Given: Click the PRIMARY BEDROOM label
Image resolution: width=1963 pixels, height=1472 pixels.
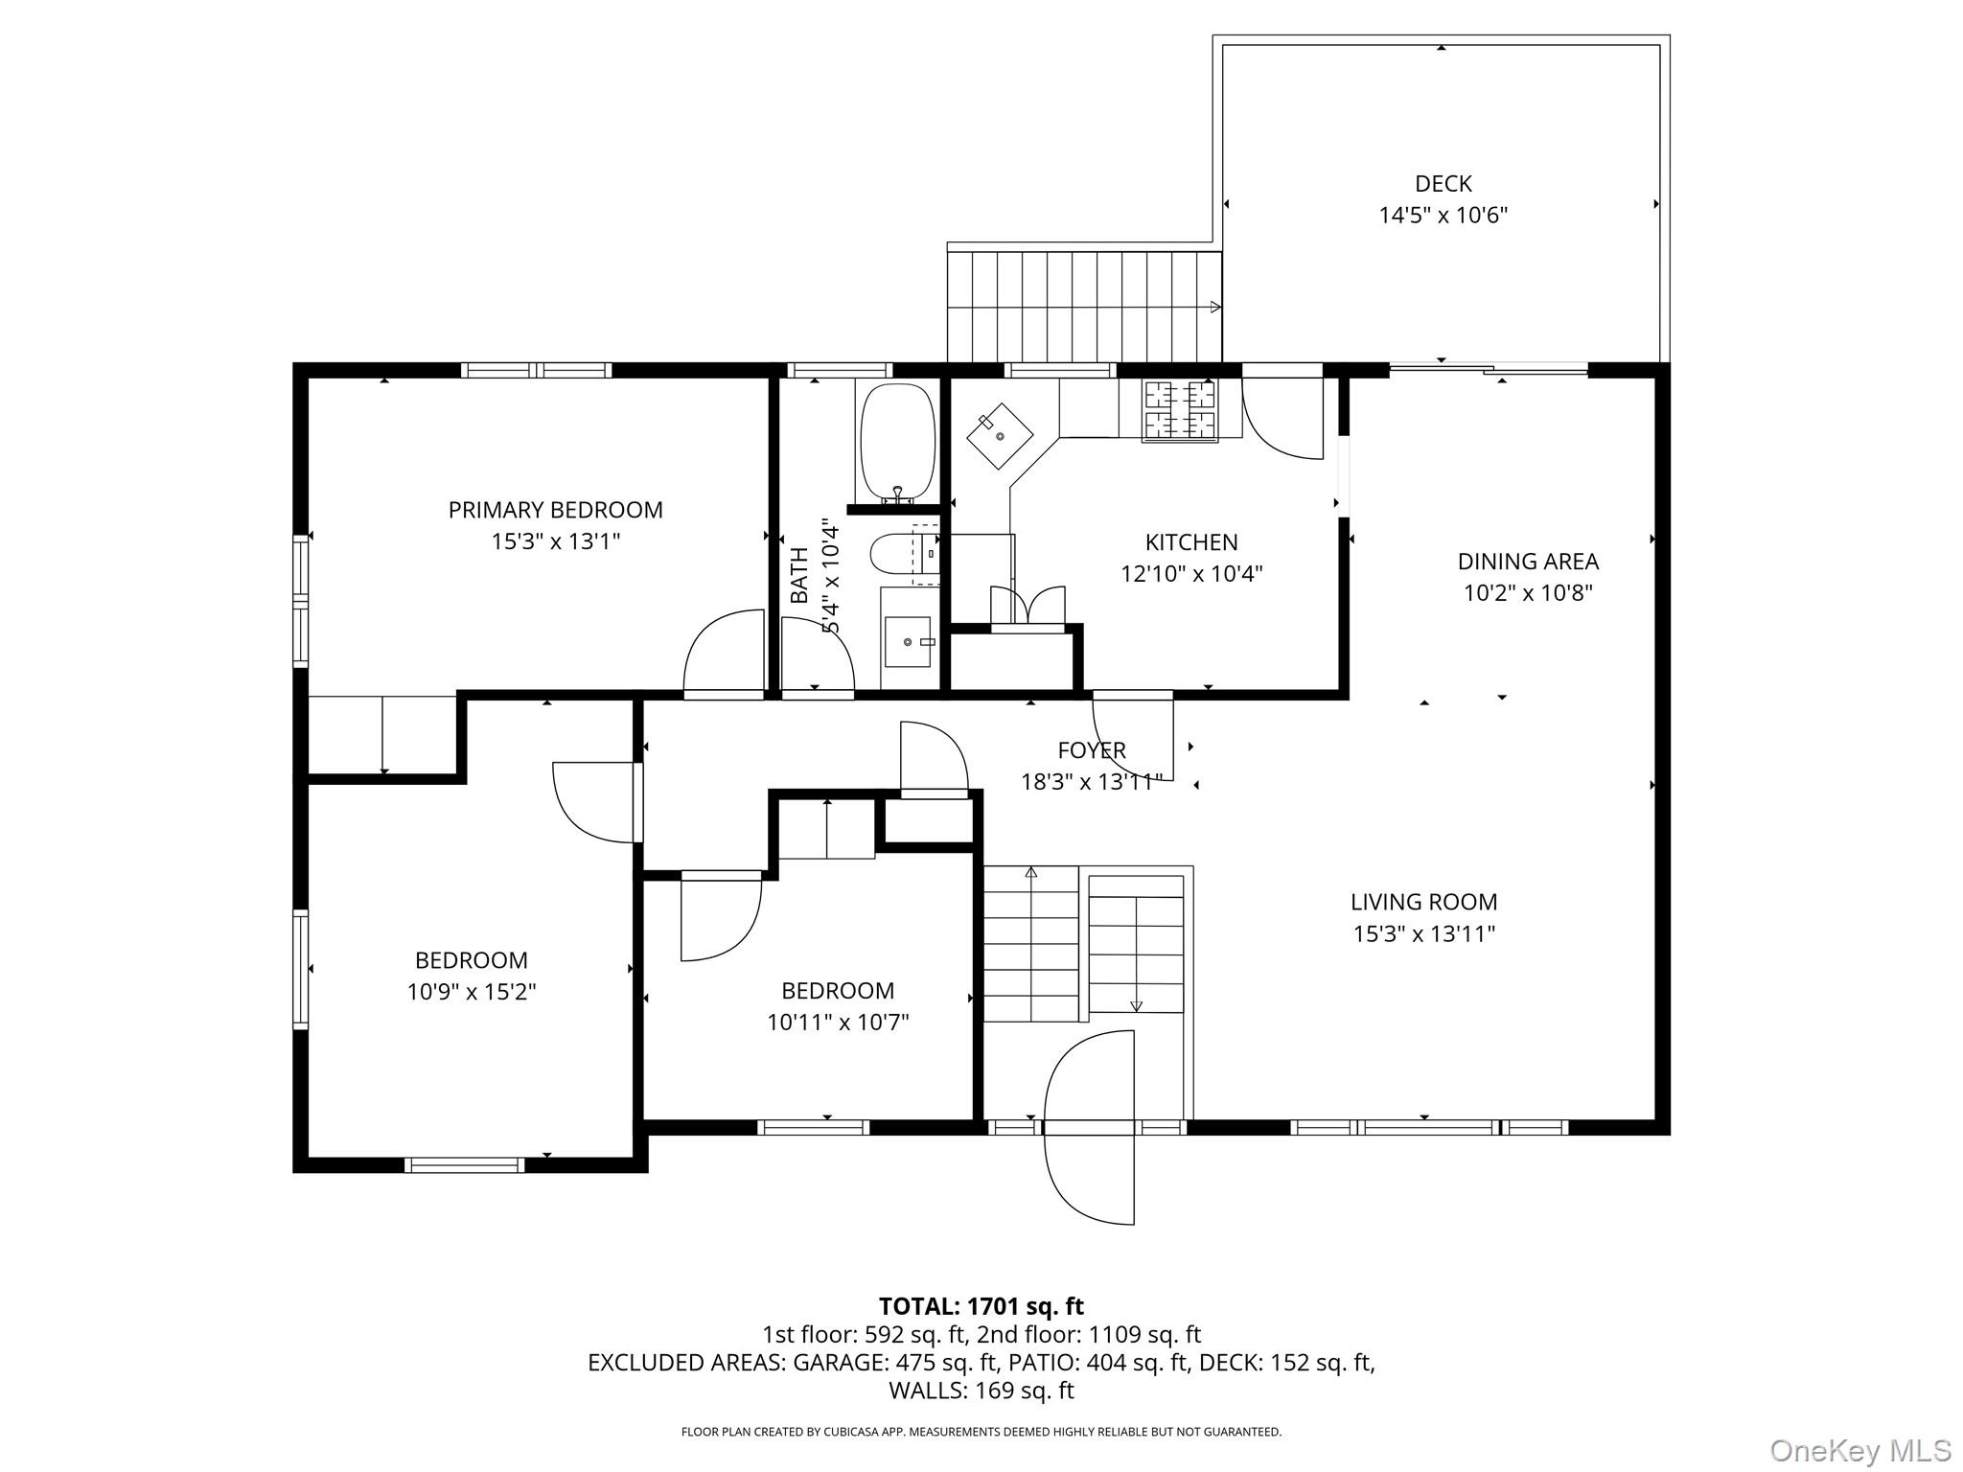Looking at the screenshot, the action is click(555, 510).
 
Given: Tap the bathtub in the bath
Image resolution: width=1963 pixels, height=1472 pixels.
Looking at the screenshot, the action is click(897, 443).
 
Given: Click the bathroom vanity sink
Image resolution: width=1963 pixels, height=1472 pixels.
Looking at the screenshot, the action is click(907, 641).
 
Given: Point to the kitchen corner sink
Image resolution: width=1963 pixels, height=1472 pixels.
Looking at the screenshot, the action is click(1000, 436).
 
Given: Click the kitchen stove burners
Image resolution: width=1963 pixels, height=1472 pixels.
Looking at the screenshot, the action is click(1179, 409).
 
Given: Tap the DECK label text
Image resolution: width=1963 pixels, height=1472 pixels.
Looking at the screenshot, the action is click(1443, 183).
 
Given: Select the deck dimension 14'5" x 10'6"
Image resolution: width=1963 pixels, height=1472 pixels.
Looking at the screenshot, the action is click(1443, 215).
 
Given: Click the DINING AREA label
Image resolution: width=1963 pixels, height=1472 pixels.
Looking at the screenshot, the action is click(1528, 561).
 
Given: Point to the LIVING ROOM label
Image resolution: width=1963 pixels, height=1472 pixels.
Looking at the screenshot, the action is click(1423, 902).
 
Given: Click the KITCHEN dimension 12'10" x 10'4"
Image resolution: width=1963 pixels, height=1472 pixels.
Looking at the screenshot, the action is click(1191, 574).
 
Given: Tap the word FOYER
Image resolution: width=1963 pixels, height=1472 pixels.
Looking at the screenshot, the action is click(1092, 750).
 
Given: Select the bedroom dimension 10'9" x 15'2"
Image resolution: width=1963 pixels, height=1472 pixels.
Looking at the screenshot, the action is click(472, 992).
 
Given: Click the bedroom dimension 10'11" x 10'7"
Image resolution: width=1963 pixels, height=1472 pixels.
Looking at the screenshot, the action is click(838, 1023).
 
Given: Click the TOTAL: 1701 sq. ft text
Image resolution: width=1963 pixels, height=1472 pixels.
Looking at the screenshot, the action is click(981, 1306).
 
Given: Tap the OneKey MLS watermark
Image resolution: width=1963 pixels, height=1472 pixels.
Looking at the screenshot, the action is click(1860, 1451).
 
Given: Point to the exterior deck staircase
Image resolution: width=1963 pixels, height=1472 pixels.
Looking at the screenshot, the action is click(1085, 307).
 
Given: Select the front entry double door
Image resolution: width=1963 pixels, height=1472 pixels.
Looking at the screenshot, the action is click(1089, 1127).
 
